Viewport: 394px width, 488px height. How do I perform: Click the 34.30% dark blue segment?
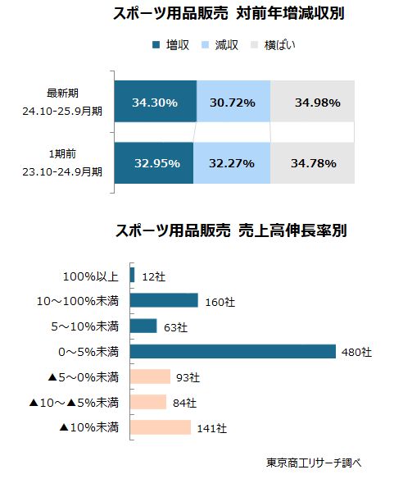(x=156, y=103)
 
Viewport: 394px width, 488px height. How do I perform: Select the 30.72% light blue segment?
(x=233, y=103)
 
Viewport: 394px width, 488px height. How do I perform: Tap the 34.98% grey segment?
(x=313, y=103)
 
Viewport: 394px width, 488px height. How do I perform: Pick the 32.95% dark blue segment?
(x=154, y=162)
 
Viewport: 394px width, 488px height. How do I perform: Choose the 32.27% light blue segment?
(x=232, y=162)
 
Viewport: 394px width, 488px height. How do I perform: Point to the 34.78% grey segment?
(x=313, y=162)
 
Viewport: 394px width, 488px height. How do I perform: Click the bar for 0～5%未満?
(x=233, y=351)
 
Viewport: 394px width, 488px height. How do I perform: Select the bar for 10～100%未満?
(x=164, y=300)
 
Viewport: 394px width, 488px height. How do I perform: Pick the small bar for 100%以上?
(x=132, y=275)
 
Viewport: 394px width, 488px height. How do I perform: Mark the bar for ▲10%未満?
(x=160, y=427)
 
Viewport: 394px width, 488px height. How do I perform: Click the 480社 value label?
(x=356, y=352)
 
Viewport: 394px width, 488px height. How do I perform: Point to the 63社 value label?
(x=174, y=326)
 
